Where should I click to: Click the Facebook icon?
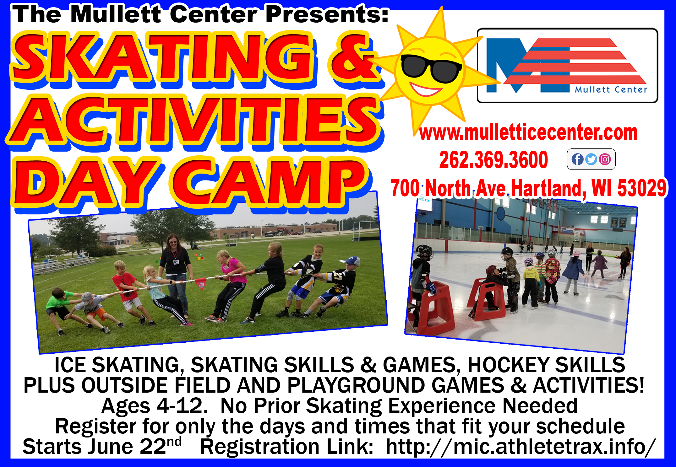tap(577, 159)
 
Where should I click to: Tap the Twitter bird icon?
tap(591, 159)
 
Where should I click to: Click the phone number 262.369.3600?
tap(493, 160)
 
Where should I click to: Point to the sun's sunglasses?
tap(431, 68)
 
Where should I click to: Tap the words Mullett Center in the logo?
tap(611, 89)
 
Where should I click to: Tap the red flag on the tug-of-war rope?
tap(201, 283)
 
